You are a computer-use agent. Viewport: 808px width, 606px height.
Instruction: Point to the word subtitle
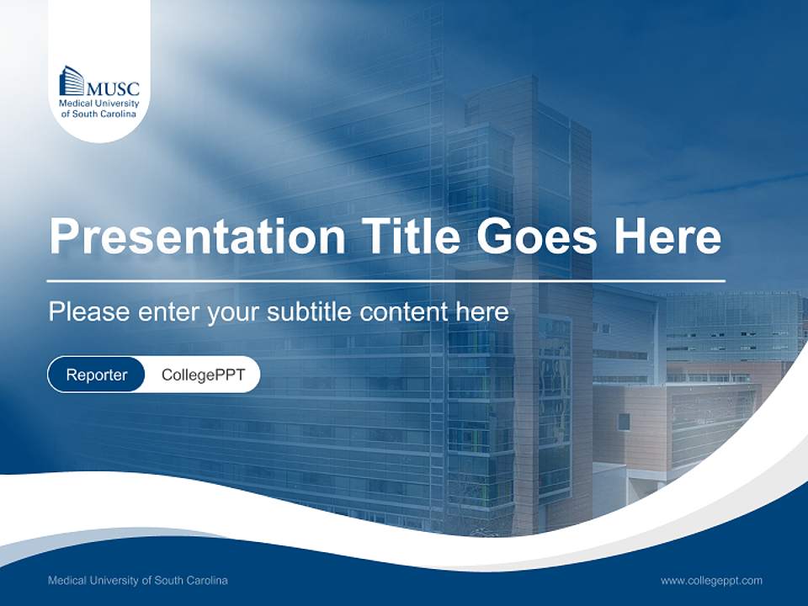point(310,312)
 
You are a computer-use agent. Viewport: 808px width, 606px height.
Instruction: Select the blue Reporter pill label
point(97,375)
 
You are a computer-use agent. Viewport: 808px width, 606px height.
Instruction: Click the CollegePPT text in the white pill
point(203,375)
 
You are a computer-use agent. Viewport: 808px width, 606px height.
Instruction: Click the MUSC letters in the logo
point(114,87)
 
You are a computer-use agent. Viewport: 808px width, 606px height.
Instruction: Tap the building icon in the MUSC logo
point(72,81)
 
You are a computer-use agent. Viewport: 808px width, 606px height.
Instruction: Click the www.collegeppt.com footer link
point(711,580)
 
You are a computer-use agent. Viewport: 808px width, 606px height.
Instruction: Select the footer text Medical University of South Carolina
point(138,580)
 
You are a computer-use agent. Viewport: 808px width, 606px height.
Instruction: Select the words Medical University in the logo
point(98,103)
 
